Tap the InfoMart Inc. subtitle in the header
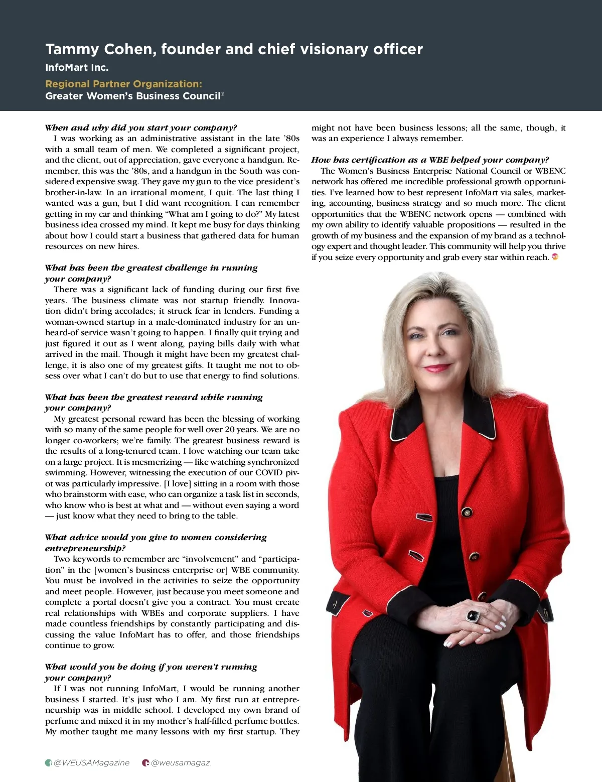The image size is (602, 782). pos(77,67)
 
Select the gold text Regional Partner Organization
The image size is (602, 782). pos(123,84)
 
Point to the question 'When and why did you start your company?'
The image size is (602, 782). pos(141,127)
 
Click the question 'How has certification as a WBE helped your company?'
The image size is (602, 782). pos(430,160)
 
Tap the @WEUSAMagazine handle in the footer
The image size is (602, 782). pos(91,763)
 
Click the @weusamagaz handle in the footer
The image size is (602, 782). pos(181,763)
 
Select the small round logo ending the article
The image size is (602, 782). pos(555,257)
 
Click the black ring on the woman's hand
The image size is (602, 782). pos(474,615)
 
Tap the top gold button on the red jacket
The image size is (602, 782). pos(467,512)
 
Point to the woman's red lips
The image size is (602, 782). pos(437,368)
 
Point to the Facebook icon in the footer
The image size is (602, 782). pos(49,763)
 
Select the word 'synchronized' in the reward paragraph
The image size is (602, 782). pos(274,462)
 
